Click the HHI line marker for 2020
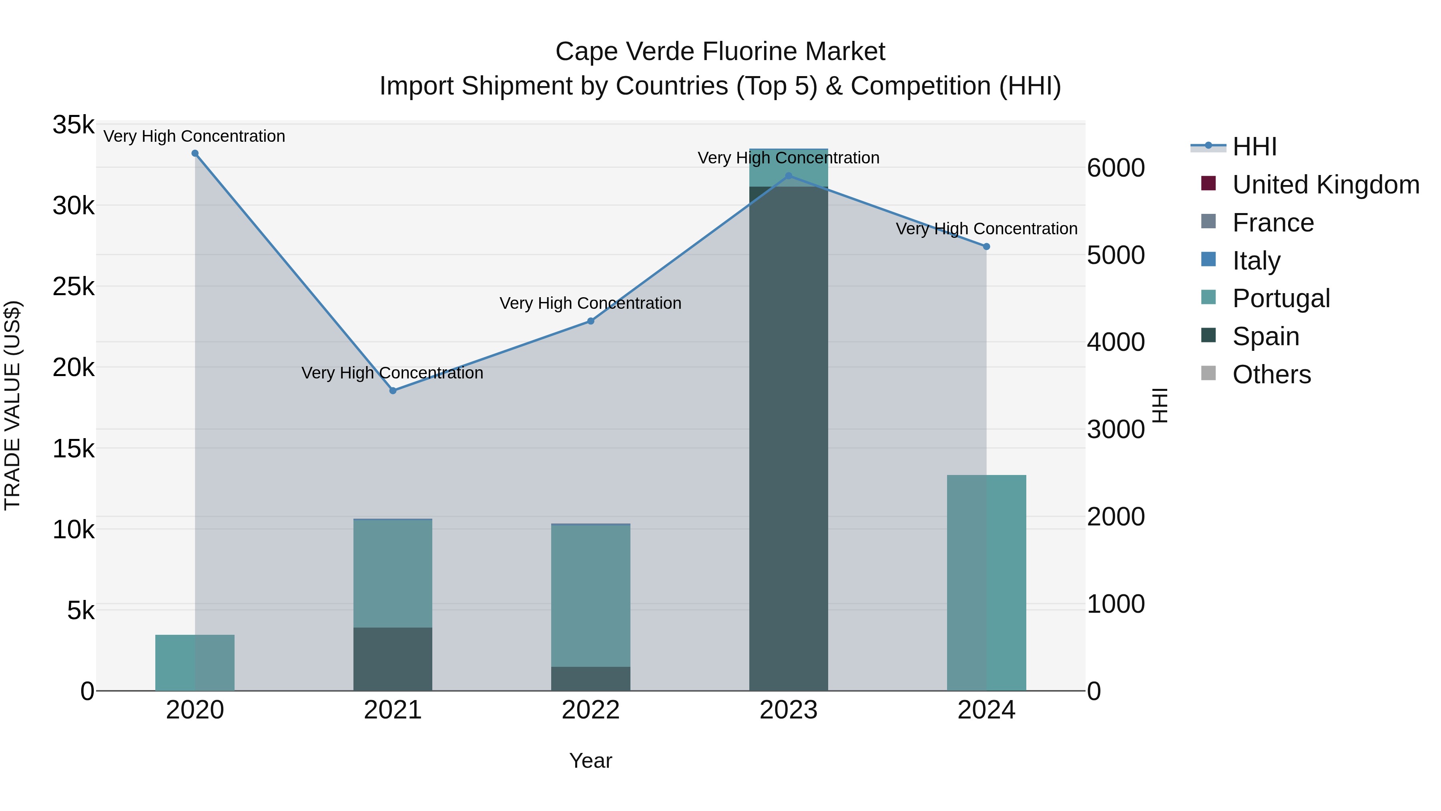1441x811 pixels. coord(195,153)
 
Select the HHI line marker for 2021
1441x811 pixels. coord(393,390)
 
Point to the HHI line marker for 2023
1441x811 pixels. coord(789,176)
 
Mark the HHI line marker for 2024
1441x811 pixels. coord(987,246)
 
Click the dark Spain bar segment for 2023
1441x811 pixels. coord(789,448)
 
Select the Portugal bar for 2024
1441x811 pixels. coord(987,582)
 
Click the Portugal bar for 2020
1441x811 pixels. coord(195,663)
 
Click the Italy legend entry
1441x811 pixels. coord(1256,261)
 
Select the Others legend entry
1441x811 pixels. coord(1271,374)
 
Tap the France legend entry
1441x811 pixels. coord(1272,223)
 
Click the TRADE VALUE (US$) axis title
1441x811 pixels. coord(12,405)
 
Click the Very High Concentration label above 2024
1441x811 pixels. coord(987,229)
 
